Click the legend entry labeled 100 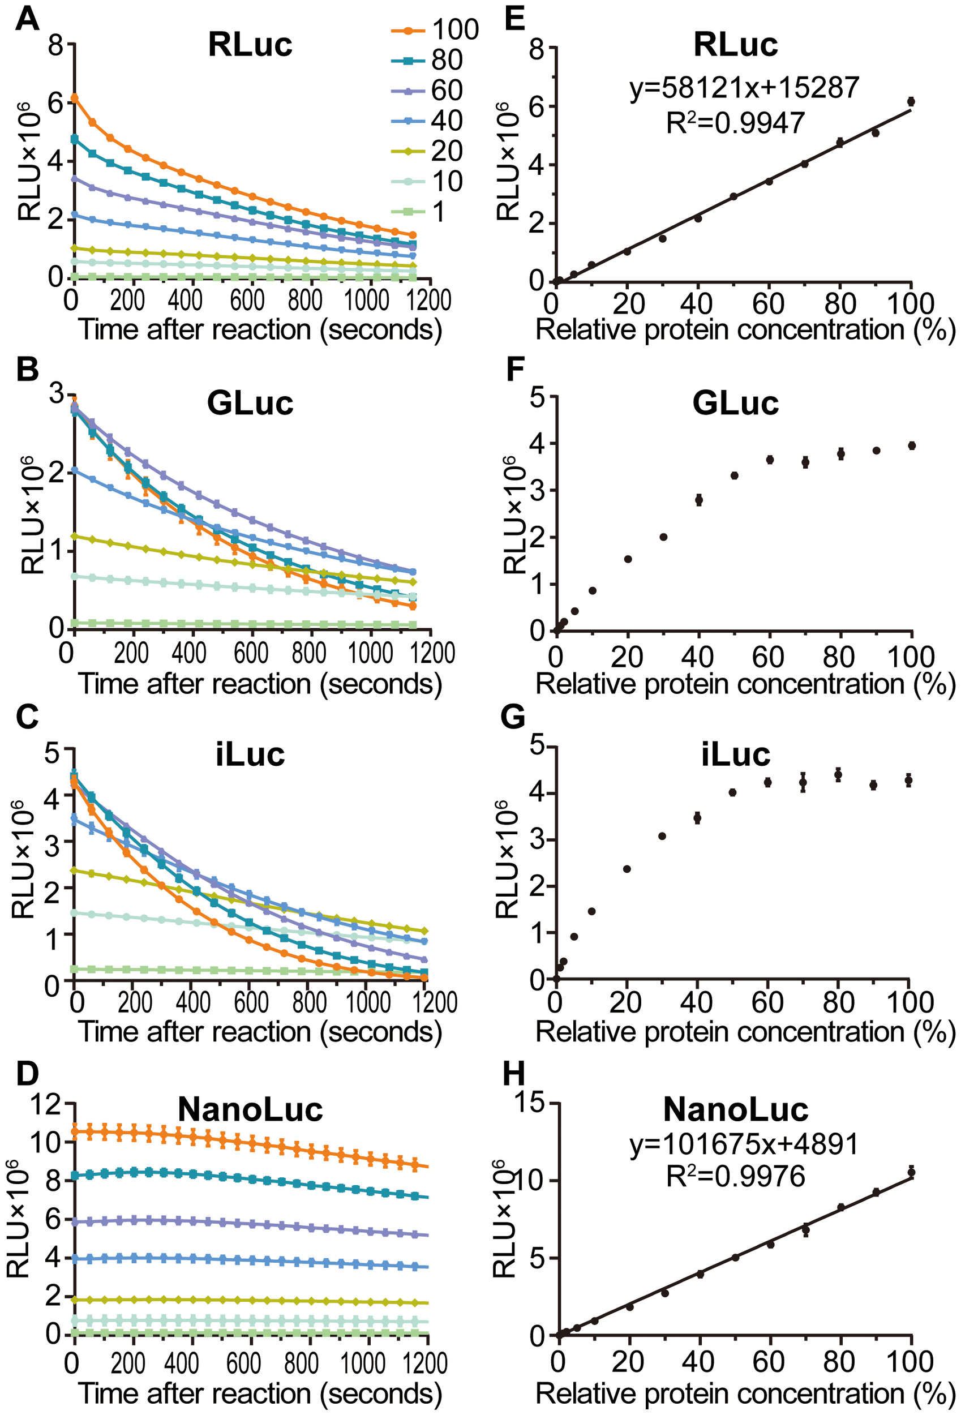[434, 29]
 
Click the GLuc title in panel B [250, 402]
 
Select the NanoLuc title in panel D [250, 1109]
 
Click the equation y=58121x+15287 [744, 88]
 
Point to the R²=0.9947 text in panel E [735, 122]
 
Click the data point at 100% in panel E [911, 101]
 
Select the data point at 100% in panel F [912, 445]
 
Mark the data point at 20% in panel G [627, 869]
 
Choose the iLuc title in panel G [735, 754]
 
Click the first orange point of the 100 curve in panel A [74, 97]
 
